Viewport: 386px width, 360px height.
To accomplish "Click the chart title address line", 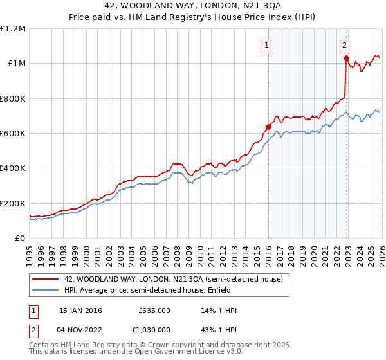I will click(192, 6).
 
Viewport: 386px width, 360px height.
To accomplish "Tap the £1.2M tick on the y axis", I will click(13, 29).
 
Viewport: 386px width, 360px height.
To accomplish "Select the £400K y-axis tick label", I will click(13, 168).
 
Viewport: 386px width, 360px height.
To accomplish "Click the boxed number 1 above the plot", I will click(266, 45).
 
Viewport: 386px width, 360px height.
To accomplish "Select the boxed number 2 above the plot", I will click(345, 45).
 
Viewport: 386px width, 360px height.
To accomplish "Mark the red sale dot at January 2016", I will click(268, 127).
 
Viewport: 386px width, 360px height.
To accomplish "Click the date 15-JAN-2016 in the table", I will click(80, 310).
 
